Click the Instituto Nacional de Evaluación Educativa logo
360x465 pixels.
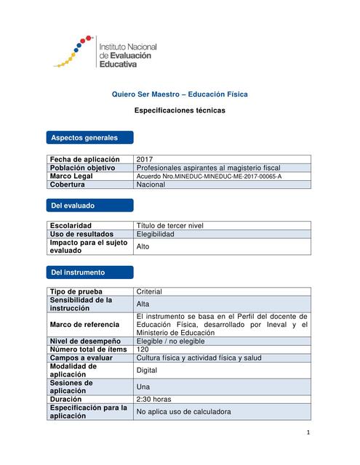tap(105, 54)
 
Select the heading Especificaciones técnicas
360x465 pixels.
tap(180, 110)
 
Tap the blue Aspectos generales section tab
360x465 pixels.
tap(89, 137)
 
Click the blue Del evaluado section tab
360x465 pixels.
tap(89, 206)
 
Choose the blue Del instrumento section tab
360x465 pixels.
tap(89, 272)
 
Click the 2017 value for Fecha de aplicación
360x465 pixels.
tap(145, 158)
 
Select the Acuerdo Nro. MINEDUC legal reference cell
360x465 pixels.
tap(209, 176)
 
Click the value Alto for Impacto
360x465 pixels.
tap(144, 246)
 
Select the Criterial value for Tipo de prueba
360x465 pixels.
tap(149, 291)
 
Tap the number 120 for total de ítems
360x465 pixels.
tap(143, 349)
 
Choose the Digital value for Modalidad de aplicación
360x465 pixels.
tap(148, 370)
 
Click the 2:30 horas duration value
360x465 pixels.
tap(153, 399)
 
